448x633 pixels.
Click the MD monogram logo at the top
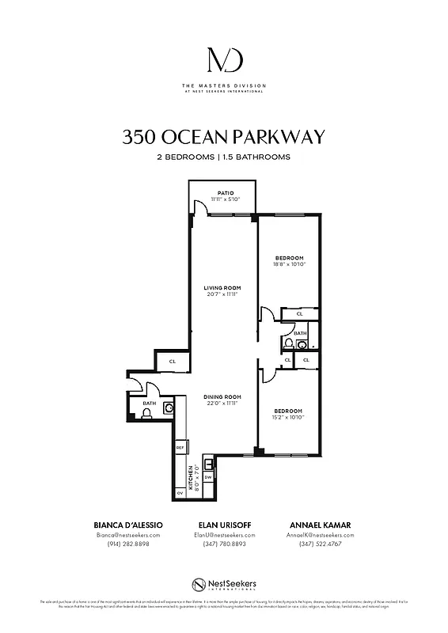coord(224,61)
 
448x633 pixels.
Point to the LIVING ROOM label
coord(222,287)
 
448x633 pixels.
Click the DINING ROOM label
coord(222,396)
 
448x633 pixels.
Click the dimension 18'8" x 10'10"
coord(290,265)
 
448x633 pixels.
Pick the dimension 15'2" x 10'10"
coord(290,417)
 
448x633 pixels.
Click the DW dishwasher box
coord(208,477)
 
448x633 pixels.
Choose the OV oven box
coord(180,493)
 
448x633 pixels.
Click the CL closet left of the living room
coord(172,362)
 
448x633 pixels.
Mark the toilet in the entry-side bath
coord(146,412)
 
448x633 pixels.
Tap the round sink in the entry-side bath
coord(168,408)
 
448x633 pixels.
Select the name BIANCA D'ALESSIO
coord(127,525)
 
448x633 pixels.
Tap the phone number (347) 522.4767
coord(321,544)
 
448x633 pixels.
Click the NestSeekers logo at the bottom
coord(224,585)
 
